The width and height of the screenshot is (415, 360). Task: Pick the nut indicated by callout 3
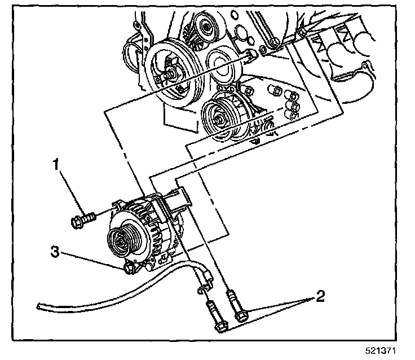coord(130,269)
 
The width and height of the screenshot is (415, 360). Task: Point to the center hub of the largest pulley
coord(170,72)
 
